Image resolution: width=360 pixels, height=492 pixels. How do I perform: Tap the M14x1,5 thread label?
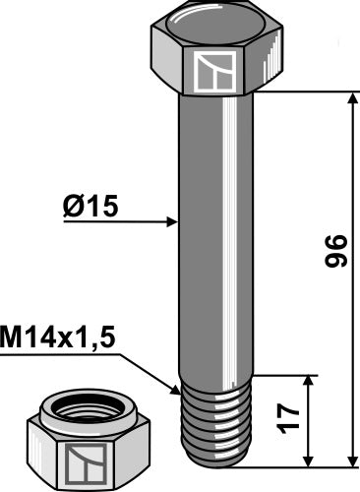click(58, 338)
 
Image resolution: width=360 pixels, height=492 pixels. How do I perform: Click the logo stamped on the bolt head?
click(214, 72)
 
